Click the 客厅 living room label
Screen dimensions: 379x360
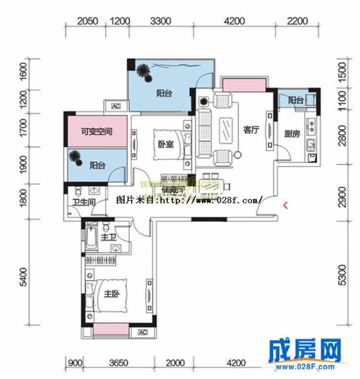pyautogui.click(x=251, y=130)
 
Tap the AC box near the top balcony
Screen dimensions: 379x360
pyautogui.click(x=116, y=106)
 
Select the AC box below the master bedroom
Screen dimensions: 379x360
pyautogui.click(x=141, y=332)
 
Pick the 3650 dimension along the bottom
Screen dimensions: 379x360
pyautogui.click(x=119, y=363)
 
